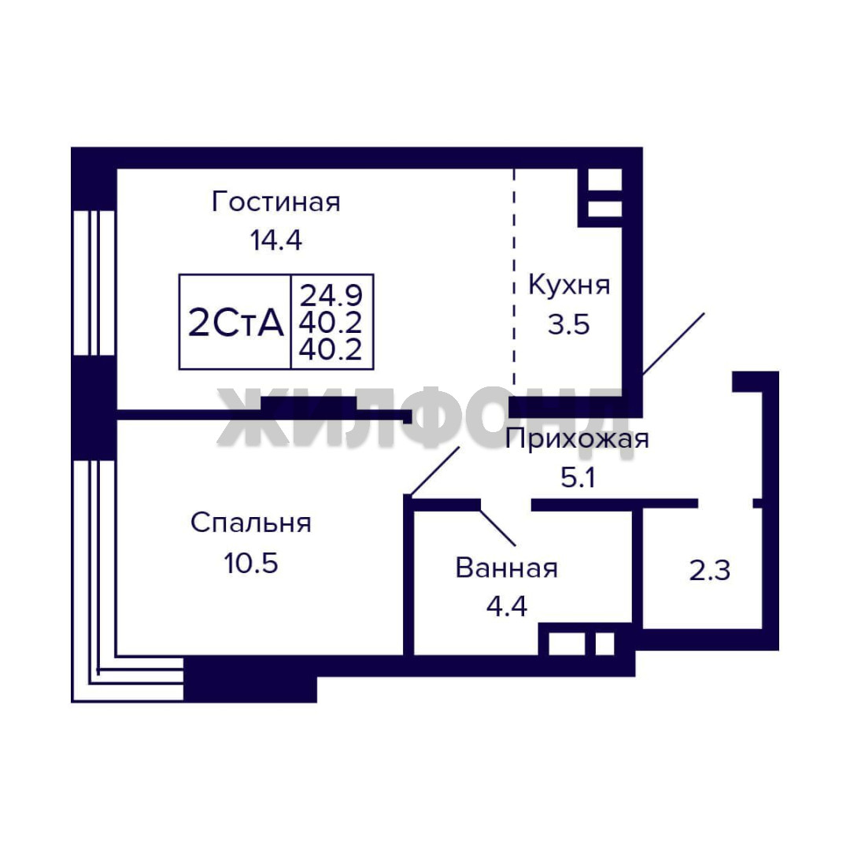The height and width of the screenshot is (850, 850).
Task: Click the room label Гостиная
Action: (x=276, y=202)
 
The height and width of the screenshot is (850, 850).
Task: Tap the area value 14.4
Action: (x=275, y=240)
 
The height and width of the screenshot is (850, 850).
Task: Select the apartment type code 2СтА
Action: (x=236, y=323)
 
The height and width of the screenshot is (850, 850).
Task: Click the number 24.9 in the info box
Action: (x=331, y=295)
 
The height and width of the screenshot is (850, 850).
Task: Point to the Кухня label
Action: (x=569, y=285)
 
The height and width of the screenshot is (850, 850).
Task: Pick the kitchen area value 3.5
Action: (x=568, y=325)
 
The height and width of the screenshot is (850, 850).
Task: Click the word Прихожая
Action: (x=577, y=439)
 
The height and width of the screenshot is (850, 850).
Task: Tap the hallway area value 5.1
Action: (x=578, y=478)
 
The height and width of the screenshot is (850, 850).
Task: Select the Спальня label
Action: (x=251, y=523)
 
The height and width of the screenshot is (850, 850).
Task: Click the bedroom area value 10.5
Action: (x=251, y=564)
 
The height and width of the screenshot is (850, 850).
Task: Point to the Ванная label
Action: (x=506, y=568)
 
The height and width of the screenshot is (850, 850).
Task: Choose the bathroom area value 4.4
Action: (x=506, y=606)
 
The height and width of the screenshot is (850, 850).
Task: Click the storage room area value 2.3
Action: (x=710, y=571)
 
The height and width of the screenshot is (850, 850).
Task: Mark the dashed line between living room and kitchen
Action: (x=515, y=276)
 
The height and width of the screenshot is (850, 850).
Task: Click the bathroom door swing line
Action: (x=497, y=527)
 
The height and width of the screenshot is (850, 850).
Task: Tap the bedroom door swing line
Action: (x=434, y=471)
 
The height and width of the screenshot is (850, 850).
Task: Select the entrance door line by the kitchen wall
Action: (x=673, y=344)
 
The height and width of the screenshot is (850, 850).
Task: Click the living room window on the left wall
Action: (x=94, y=283)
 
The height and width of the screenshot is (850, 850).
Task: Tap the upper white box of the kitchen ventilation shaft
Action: (x=604, y=179)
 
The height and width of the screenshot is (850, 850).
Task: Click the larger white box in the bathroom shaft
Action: (x=567, y=644)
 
